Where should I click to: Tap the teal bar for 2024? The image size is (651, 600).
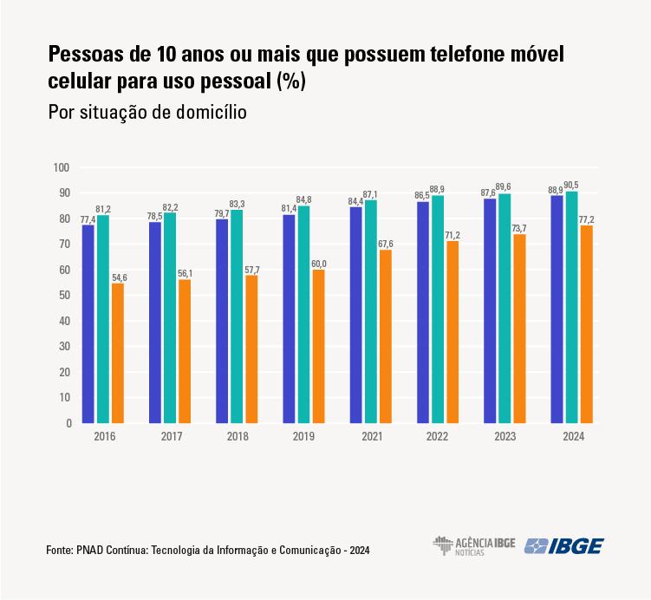(x=571, y=308)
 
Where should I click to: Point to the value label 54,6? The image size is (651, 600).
(x=118, y=277)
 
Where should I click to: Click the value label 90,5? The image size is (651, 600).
(x=571, y=185)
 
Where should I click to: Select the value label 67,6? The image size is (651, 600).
(x=385, y=244)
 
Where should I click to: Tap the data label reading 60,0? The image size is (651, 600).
(x=318, y=263)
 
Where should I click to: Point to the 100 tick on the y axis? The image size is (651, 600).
(x=61, y=167)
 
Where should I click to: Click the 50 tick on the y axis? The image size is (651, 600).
(x=63, y=296)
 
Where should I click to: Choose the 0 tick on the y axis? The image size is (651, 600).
(x=67, y=423)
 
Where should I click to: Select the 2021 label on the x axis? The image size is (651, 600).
(x=371, y=436)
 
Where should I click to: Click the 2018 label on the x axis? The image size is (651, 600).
(x=237, y=436)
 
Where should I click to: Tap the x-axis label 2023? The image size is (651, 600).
(x=505, y=436)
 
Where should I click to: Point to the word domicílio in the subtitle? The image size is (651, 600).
(x=207, y=113)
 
